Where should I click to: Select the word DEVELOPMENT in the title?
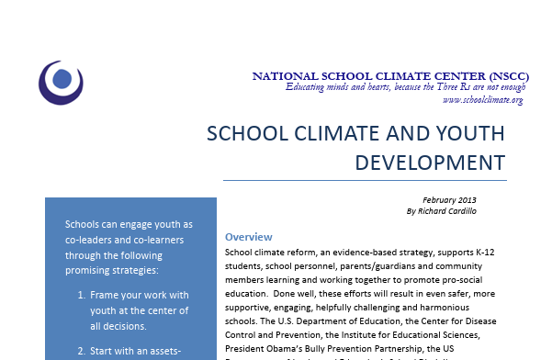point(430,162)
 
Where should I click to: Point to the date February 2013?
point(449,199)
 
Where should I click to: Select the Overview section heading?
point(248,235)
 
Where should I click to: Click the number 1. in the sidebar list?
point(82,296)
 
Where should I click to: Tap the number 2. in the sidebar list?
point(82,350)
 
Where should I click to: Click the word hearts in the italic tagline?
point(366,87)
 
